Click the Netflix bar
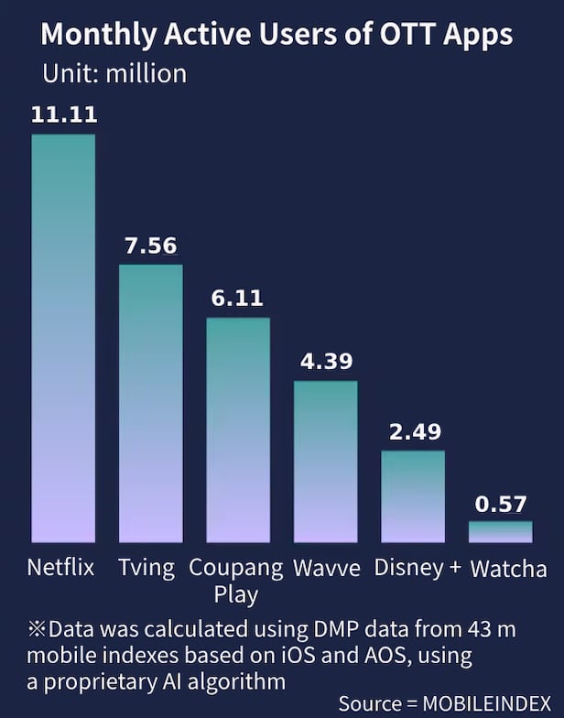pyautogui.click(x=63, y=339)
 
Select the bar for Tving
pyautogui.click(x=151, y=403)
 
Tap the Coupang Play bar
pyautogui.click(x=238, y=430)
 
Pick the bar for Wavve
pyautogui.click(x=325, y=462)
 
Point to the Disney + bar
pyautogui.click(x=413, y=496)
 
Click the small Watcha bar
pyautogui.click(x=500, y=532)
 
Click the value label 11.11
pyautogui.click(x=63, y=114)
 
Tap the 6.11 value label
pyautogui.click(x=238, y=298)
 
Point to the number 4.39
pyautogui.click(x=326, y=361)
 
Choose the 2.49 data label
pyautogui.click(x=414, y=430)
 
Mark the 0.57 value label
pyautogui.click(x=500, y=502)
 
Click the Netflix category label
pyautogui.click(x=60, y=567)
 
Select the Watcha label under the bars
pyautogui.click(x=508, y=569)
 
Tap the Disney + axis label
pyautogui.click(x=418, y=567)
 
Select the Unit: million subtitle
pyautogui.click(x=114, y=73)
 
